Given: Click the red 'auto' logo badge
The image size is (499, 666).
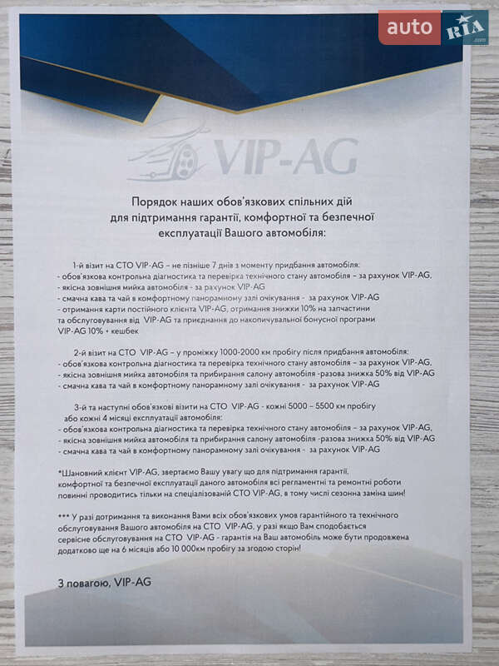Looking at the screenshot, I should click(409, 27).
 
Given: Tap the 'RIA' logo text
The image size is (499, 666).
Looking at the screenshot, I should click(465, 30).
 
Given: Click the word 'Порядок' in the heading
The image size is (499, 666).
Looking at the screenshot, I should click(158, 201).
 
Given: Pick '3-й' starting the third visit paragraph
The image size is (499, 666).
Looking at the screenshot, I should click(82, 405).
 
